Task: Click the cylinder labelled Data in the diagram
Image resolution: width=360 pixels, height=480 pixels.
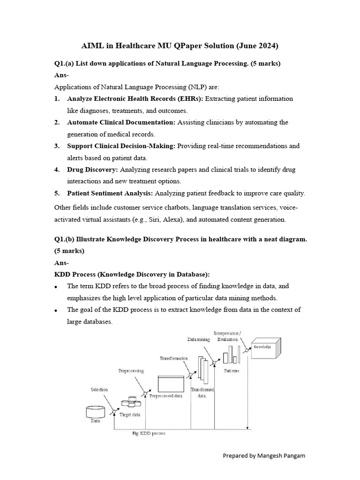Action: click(95, 412)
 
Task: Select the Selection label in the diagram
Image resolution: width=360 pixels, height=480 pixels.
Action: click(99, 390)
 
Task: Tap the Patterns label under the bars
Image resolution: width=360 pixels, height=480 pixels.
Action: click(231, 370)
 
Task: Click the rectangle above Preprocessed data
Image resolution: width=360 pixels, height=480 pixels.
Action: click(170, 383)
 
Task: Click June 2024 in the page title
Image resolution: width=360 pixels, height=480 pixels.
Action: click(257, 46)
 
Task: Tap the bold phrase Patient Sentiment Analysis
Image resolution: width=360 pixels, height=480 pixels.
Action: click(110, 193)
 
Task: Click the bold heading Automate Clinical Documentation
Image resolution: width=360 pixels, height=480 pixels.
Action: click(121, 122)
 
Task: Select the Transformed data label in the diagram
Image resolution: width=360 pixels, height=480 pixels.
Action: click(202, 392)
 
